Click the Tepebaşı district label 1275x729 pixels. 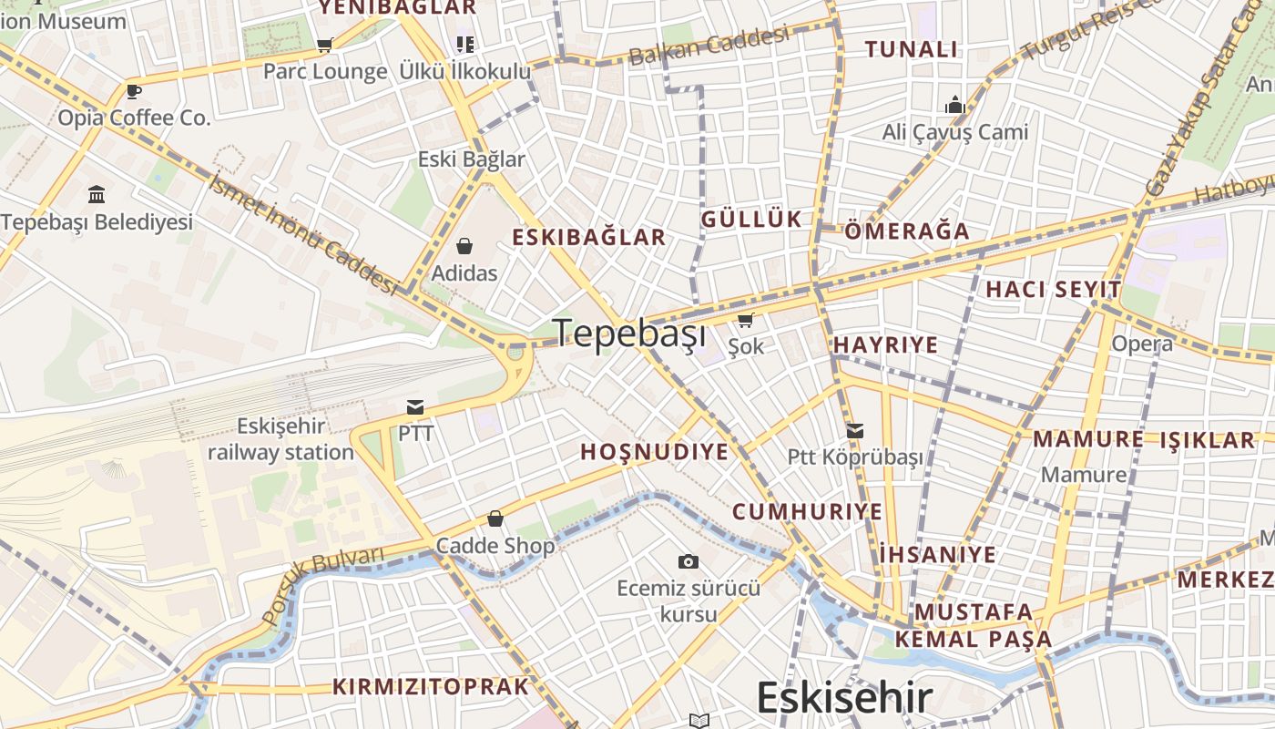click(629, 334)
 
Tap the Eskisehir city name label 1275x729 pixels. click(844, 698)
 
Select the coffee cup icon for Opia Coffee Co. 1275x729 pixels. click(134, 91)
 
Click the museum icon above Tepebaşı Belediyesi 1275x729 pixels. click(97, 194)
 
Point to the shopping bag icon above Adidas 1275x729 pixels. click(464, 246)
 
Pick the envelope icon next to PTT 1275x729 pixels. click(415, 406)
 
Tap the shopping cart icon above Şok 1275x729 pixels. click(746, 320)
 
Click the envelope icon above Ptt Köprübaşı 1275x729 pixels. click(855, 431)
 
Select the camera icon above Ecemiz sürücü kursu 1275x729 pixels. click(688, 561)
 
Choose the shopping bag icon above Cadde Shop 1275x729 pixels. click(495, 519)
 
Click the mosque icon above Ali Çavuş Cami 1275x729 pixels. click(955, 105)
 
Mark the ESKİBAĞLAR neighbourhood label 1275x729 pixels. click(588, 238)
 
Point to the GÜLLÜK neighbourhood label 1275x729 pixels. click(751, 219)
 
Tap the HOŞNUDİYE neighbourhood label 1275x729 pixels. click(654, 452)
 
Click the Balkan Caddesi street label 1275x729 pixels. click(709, 46)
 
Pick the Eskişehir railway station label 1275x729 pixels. click(280, 439)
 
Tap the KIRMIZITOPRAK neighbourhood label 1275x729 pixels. click(430, 687)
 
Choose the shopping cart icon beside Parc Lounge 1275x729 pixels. click(324, 45)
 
